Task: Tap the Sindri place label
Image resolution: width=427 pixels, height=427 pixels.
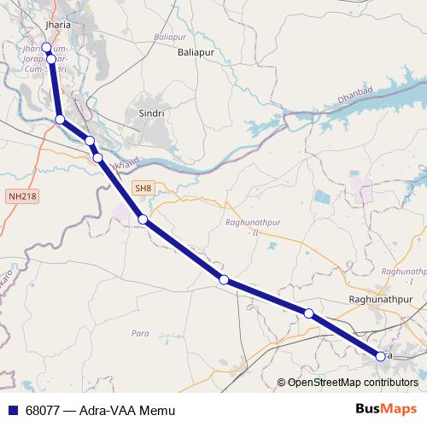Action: (x=150, y=113)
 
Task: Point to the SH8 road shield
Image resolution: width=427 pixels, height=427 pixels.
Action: (x=142, y=187)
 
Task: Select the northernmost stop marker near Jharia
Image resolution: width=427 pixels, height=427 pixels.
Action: (x=46, y=48)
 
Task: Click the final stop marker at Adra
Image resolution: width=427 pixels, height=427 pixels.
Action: (x=381, y=355)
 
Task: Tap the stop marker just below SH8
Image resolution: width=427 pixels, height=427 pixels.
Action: (x=143, y=219)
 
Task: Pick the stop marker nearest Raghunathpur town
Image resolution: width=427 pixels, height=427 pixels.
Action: (x=308, y=313)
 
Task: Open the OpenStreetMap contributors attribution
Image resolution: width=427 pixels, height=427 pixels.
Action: (x=352, y=382)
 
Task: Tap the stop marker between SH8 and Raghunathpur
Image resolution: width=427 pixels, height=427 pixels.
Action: (x=224, y=279)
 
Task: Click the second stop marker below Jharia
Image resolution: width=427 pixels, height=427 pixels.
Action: (x=52, y=59)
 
